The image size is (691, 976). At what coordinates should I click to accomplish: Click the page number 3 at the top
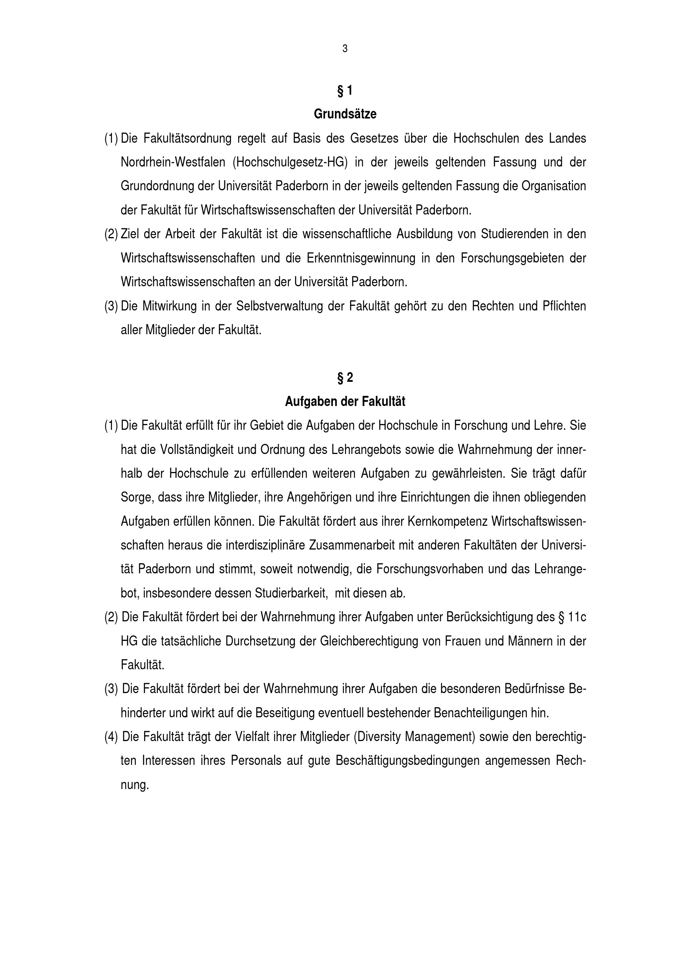click(345, 49)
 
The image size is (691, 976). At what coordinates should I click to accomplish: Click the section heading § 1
click(345, 91)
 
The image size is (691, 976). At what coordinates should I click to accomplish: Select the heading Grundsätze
click(345, 114)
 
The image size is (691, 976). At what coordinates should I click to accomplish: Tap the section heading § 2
click(345, 378)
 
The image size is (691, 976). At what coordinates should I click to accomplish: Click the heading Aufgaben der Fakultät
click(345, 402)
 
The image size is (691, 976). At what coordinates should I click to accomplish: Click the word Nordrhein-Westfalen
click(173, 162)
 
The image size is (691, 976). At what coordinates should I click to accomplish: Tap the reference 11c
click(577, 617)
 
